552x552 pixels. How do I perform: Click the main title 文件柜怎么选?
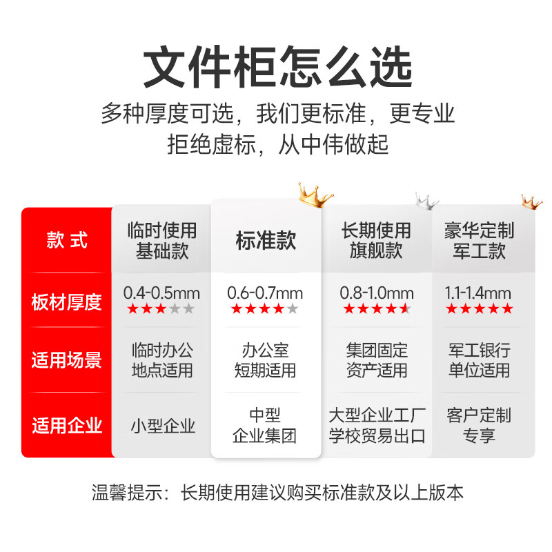tap(277, 67)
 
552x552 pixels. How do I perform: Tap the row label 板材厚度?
tap(66, 302)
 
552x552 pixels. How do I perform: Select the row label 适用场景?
tap(66, 359)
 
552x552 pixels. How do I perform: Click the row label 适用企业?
tap(66, 425)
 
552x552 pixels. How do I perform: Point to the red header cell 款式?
tap(66, 240)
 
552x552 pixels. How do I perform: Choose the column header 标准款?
tap(266, 241)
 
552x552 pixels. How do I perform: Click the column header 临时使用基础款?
tap(162, 241)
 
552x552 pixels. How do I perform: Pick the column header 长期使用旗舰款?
tap(376, 241)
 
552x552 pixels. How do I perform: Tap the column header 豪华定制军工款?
tap(479, 241)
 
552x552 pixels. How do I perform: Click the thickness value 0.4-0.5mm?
tap(161, 293)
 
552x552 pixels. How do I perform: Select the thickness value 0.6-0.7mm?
tap(265, 293)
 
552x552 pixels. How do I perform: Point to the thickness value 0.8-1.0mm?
tap(377, 293)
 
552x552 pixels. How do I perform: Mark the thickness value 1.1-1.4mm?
tap(477, 293)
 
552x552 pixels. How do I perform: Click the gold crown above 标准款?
tap(315, 196)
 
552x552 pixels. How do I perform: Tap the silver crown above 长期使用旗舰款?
tap(426, 201)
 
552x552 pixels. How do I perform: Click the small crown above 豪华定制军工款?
tap(531, 202)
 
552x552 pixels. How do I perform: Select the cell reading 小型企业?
tap(163, 426)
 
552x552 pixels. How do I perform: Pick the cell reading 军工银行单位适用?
tap(479, 360)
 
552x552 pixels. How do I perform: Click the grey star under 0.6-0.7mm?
tap(292, 308)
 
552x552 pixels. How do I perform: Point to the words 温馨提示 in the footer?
tap(127, 493)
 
